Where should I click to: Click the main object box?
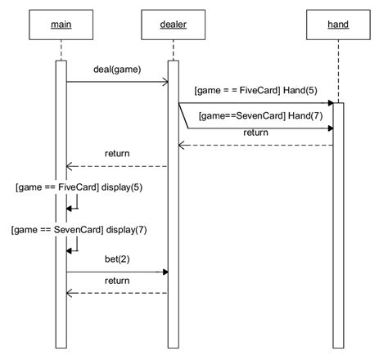click(x=61, y=25)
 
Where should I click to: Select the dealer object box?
click(x=172, y=25)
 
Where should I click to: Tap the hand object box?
click(x=337, y=25)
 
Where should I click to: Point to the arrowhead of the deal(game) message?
click(x=165, y=82)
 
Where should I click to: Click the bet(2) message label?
click(x=118, y=259)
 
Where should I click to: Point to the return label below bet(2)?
click(x=117, y=281)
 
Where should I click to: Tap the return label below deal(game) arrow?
click(x=117, y=153)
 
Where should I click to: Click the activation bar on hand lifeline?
click(x=337, y=221)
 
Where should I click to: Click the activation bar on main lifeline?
click(x=61, y=205)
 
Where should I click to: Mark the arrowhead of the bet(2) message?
click(x=165, y=272)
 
